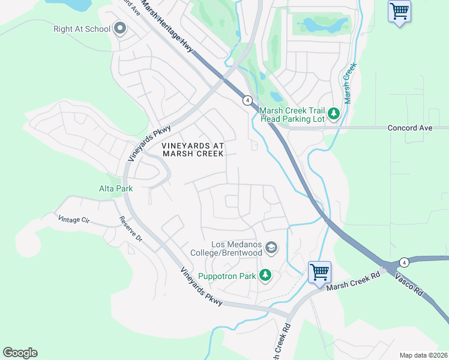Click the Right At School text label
click(x=82, y=29)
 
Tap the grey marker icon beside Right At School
click(x=120, y=28)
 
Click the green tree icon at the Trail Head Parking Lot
click(x=334, y=114)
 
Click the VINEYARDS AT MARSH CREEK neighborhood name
click(x=193, y=149)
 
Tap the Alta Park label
click(x=115, y=188)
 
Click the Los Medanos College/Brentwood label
click(x=237, y=248)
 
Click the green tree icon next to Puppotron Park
click(x=265, y=276)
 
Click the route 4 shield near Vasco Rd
click(x=404, y=262)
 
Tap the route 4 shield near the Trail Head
click(x=247, y=100)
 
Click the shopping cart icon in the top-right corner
click(x=399, y=11)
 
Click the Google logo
click(x=20, y=353)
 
